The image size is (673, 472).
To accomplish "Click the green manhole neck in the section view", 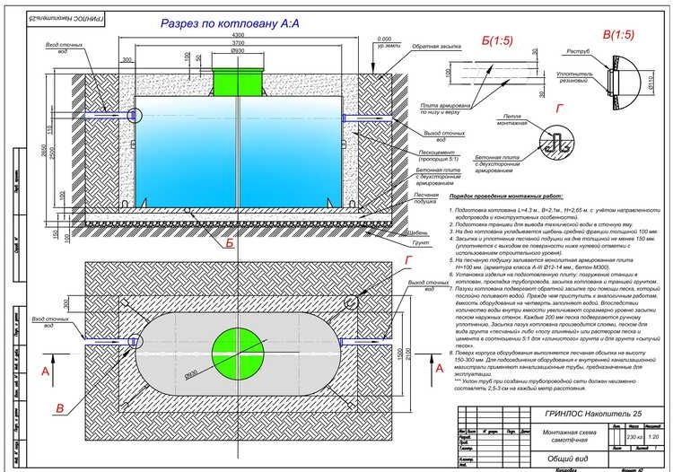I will point(239,80).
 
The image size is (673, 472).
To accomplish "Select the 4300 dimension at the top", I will point(238,34).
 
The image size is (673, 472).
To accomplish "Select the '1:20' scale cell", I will point(658,437).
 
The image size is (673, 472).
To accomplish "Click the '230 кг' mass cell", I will point(636,437).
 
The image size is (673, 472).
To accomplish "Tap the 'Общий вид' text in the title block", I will point(559,458).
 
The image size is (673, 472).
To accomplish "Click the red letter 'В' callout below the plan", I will point(59,408).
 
